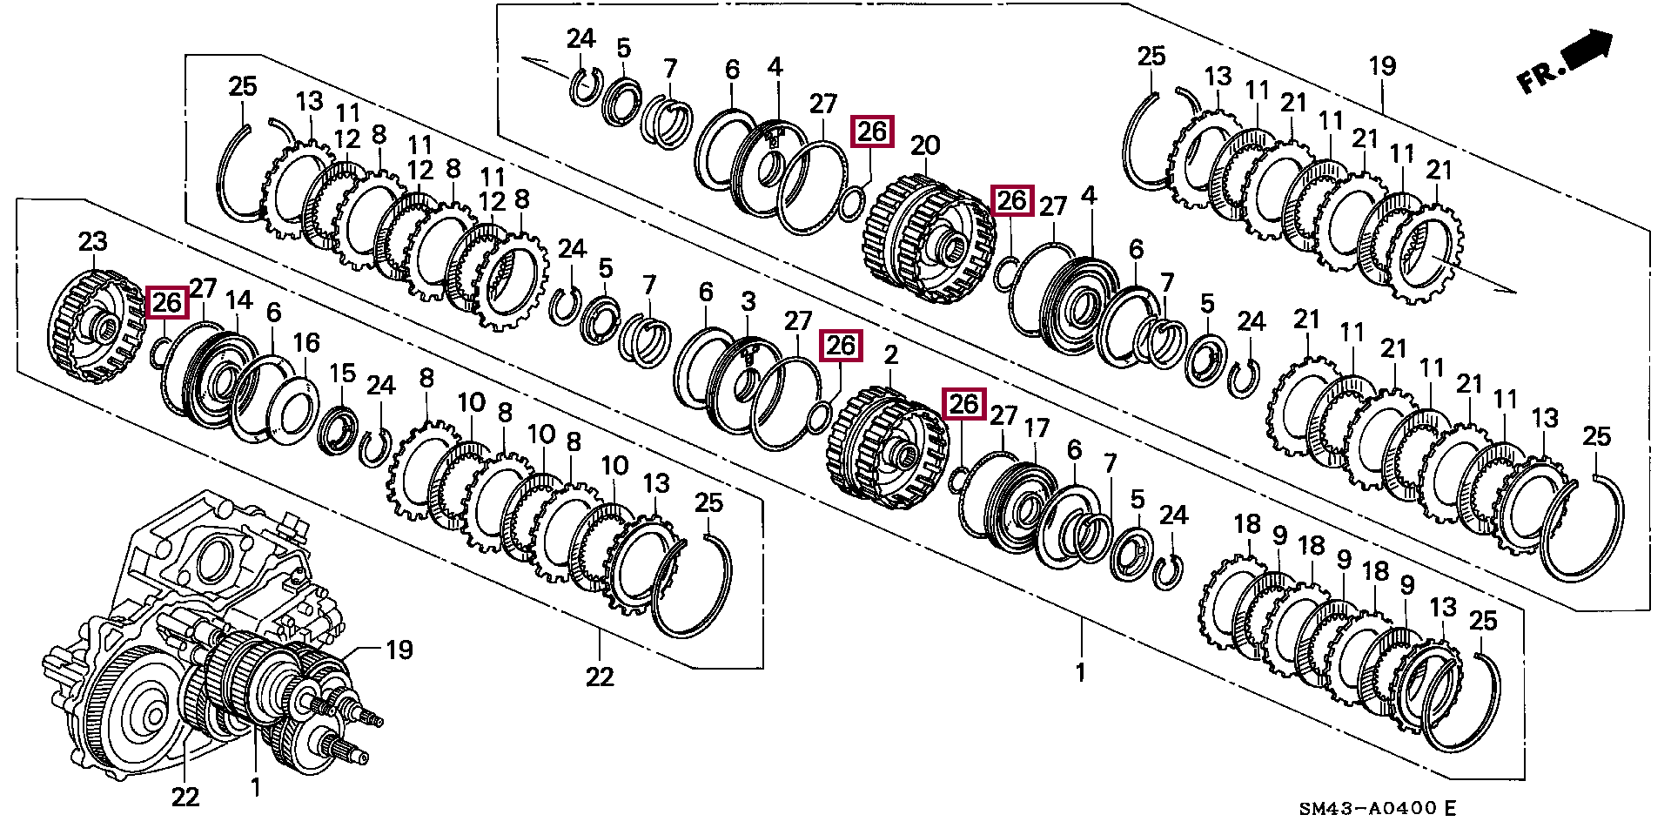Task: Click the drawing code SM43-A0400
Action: [1367, 808]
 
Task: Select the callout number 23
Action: [92, 241]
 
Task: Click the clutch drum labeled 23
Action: [94, 328]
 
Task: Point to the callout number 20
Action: [924, 144]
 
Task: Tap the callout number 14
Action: [239, 300]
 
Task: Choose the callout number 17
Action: [1037, 428]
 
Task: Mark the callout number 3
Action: [748, 301]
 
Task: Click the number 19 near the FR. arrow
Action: [1382, 66]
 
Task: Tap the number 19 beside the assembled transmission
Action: [399, 650]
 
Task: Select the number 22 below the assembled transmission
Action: [185, 796]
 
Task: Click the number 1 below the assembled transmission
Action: [255, 788]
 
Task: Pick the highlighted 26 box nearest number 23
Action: [167, 302]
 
